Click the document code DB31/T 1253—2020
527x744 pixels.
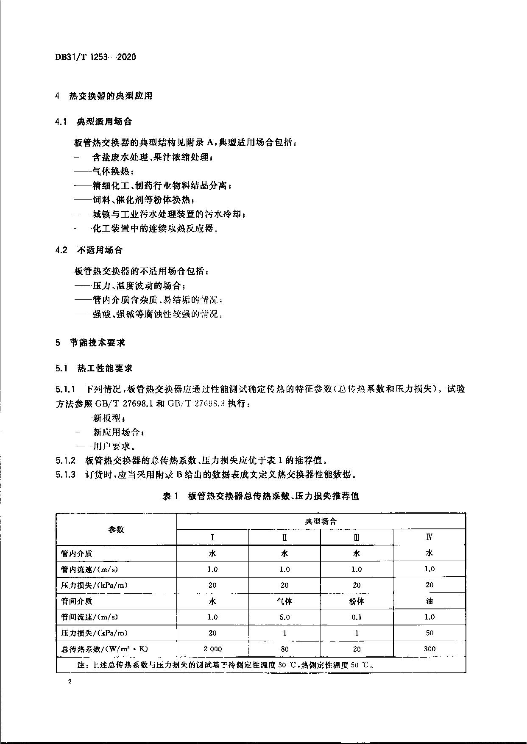95,57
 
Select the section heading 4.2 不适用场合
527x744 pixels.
89,250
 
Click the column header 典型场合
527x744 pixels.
321,521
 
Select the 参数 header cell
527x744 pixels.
116,529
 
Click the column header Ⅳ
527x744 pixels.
429,537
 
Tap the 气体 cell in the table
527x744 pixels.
284,601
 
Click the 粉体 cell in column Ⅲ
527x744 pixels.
357,601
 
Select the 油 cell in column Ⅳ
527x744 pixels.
429,601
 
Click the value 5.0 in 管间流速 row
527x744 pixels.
284,617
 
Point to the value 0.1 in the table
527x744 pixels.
357,617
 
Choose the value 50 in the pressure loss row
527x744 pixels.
429,633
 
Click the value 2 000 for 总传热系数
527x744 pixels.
212,649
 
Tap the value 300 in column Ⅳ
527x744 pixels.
429,649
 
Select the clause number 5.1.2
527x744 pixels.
66,460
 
